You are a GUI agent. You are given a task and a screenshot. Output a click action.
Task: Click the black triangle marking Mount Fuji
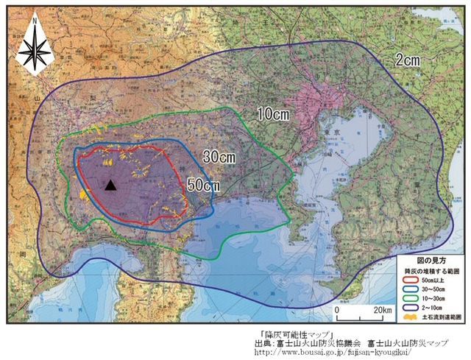pos(110,186)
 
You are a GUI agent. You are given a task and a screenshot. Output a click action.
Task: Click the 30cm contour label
pos(219,158)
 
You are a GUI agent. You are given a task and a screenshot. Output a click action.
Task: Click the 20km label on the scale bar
pos(383,310)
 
